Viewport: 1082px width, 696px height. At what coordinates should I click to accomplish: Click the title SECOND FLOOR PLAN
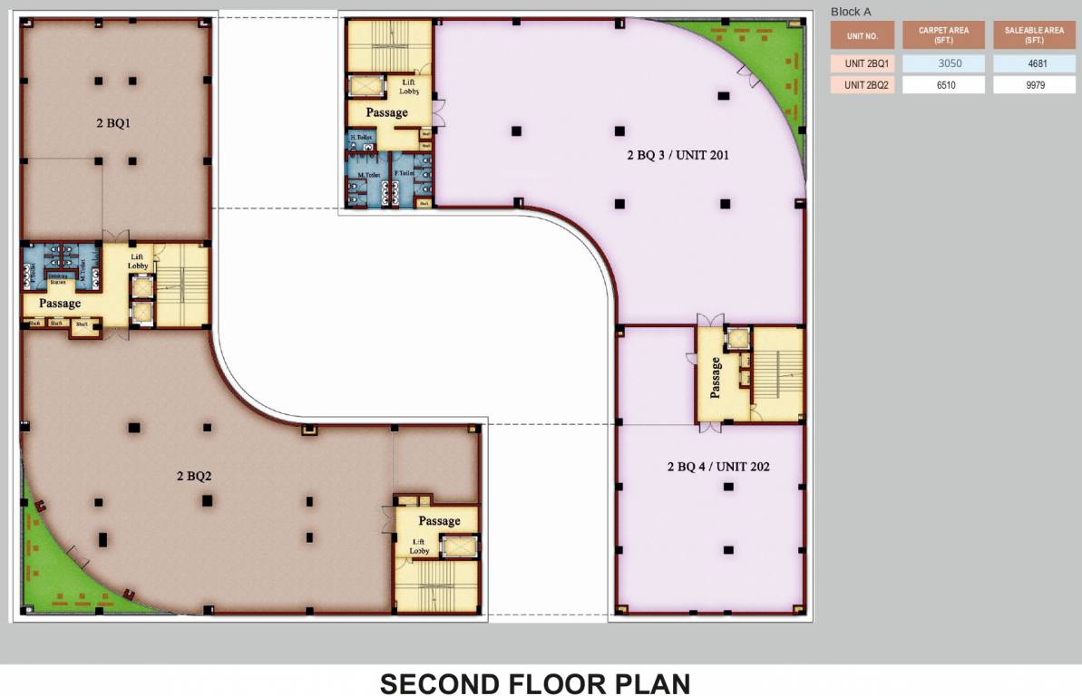tap(535, 683)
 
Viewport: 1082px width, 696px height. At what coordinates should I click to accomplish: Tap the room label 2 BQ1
tap(114, 123)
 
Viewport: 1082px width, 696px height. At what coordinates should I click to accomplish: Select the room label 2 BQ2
tap(194, 476)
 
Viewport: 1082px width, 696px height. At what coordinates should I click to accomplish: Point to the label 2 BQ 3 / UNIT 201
tap(677, 155)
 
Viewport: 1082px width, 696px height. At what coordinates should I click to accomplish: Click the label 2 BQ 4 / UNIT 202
tap(718, 467)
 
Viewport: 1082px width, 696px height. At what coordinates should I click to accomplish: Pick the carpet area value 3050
tap(943, 64)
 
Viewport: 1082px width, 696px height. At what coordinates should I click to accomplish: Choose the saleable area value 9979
tap(1033, 85)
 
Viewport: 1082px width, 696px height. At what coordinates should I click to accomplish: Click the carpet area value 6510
tap(943, 85)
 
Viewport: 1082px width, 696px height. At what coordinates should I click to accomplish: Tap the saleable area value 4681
tap(1033, 64)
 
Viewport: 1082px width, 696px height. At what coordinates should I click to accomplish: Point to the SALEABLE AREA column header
tap(1033, 35)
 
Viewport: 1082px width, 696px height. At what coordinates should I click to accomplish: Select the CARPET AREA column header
tap(943, 35)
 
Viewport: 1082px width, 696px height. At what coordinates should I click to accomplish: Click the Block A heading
tap(851, 12)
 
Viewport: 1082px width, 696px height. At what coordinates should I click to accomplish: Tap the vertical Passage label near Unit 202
tap(716, 377)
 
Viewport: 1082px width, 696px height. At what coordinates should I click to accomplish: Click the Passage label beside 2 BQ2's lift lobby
tap(439, 521)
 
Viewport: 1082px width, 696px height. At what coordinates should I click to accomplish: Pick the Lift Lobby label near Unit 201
tap(409, 87)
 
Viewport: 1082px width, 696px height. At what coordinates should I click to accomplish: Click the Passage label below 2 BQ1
tap(60, 304)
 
